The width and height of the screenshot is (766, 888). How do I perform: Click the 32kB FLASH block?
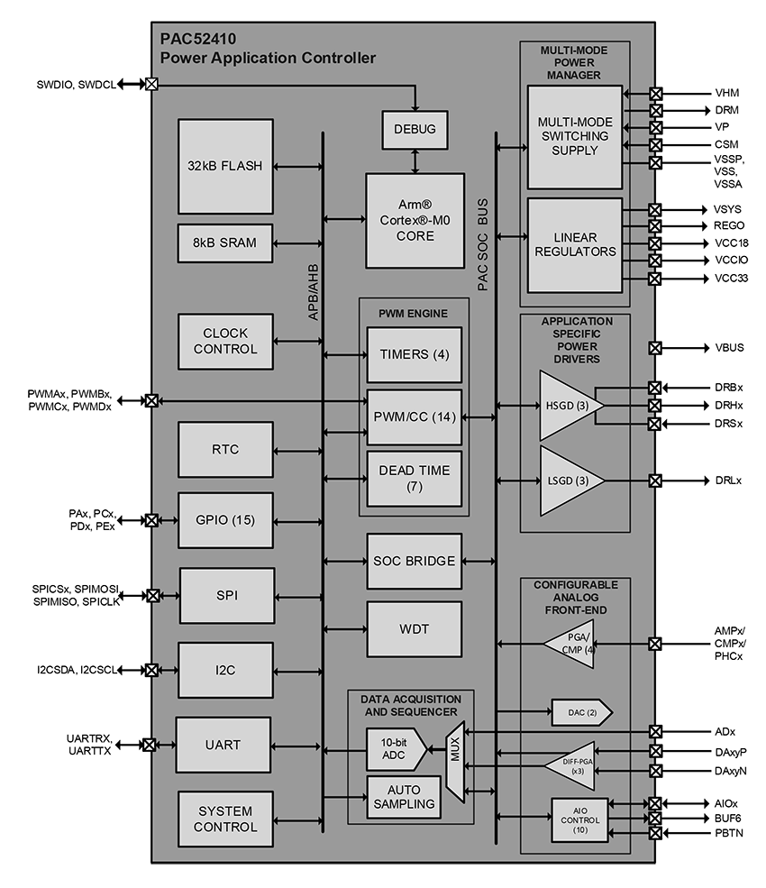pyautogui.click(x=225, y=166)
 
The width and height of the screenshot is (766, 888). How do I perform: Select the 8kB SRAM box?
pyautogui.click(x=225, y=243)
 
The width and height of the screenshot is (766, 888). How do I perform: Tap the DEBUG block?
pyautogui.click(x=415, y=130)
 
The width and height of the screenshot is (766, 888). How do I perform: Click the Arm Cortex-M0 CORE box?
pyautogui.click(x=415, y=221)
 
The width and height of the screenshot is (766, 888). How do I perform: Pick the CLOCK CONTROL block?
pyautogui.click(x=225, y=342)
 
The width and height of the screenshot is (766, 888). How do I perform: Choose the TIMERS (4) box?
pyautogui.click(x=415, y=354)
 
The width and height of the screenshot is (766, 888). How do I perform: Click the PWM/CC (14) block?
pyautogui.click(x=415, y=417)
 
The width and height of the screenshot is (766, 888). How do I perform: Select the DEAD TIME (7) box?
pyautogui.click(x=415, y=479)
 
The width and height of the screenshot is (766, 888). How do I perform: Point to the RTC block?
pyautogui.click(x=225, y=450)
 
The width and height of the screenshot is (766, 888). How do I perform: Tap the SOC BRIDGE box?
pyautogui.click(x=415, y=561)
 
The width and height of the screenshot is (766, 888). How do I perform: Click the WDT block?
pyautogui.click(x=415, y=629)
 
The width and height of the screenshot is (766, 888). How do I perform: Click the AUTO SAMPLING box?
pyautogui.click(x=404, y=797)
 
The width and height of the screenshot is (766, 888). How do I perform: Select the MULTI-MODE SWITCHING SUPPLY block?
pyautogui.click(x=574, y=137)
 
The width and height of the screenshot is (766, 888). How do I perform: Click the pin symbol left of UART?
pyautogui.click(x=150, y=745)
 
